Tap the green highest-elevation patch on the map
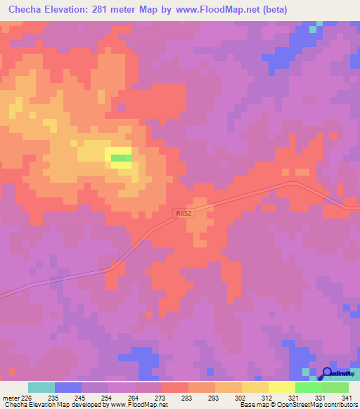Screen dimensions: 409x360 [121, 158]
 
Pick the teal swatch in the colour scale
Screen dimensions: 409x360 [41, 387]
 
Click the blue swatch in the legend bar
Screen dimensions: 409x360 [68, 387]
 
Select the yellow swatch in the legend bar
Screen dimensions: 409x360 [281, 387]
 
